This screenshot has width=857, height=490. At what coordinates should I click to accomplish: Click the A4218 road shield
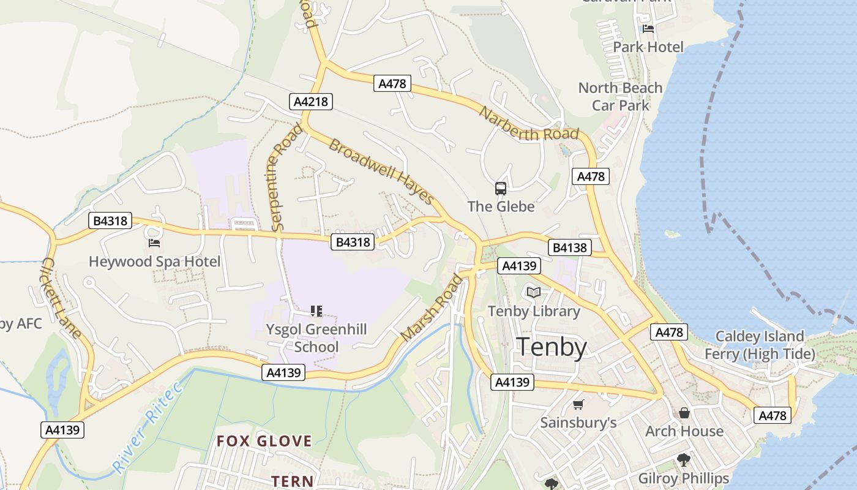click(x=311, y=102)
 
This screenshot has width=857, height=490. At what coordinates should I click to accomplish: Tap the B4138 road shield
click(x=570, y=247)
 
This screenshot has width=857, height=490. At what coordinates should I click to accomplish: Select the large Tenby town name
click(x=552, y=347)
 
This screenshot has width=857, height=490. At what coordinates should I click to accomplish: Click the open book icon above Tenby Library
click(x=534, y=293)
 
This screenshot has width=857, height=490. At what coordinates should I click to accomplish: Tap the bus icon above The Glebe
click(x=501, y=188)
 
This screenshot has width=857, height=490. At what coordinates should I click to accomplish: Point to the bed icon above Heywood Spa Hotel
click(x=154, y=243)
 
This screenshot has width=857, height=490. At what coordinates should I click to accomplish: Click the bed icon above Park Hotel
click(x=648, y=28)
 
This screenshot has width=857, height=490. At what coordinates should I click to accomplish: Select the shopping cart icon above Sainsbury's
click(x=578, y=404)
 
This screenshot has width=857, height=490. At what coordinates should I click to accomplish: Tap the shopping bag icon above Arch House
click(x=684, y=413)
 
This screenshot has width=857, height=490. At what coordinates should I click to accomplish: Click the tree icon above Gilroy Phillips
click(x=683, y=459)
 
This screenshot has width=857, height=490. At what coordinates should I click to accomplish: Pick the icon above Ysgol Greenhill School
click(x=316, y=311)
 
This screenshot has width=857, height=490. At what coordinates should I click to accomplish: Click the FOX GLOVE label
click(x=264, y=441)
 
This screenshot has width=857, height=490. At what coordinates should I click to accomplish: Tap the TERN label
click(x=292, y=481)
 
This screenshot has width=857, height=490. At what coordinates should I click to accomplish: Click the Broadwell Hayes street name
click(x=381, y=171)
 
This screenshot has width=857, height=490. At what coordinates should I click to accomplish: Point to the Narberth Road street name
click(x=528, y=124)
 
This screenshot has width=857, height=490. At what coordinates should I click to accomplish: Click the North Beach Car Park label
click(x=620, y=96)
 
